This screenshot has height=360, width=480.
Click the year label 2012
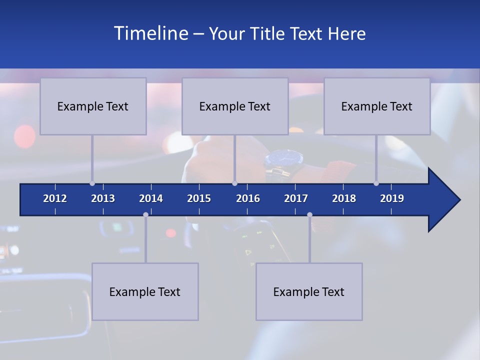pos(55,198)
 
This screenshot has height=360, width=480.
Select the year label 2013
pos(103,198)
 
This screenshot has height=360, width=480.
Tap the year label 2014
pos(151,198)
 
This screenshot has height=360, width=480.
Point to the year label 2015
pos(199,198)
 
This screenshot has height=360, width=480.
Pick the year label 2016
pos(248,198)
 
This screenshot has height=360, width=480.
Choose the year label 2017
pos(296,198)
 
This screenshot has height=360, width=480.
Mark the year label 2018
pos(344,198)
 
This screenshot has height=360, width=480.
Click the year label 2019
pos(392,198)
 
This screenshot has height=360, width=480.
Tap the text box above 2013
pos(93,106)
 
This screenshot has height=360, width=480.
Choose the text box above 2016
pos(235,106)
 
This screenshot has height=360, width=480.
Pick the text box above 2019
pos(377,106)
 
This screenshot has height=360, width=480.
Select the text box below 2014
pos(145,291)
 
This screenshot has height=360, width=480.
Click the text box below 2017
pos(309,291)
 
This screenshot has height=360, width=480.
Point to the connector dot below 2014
pos(145,215)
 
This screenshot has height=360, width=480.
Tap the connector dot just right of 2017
pos(309,215)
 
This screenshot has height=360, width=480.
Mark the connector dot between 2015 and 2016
pos(234,183)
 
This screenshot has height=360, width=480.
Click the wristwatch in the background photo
pos(284,161)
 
